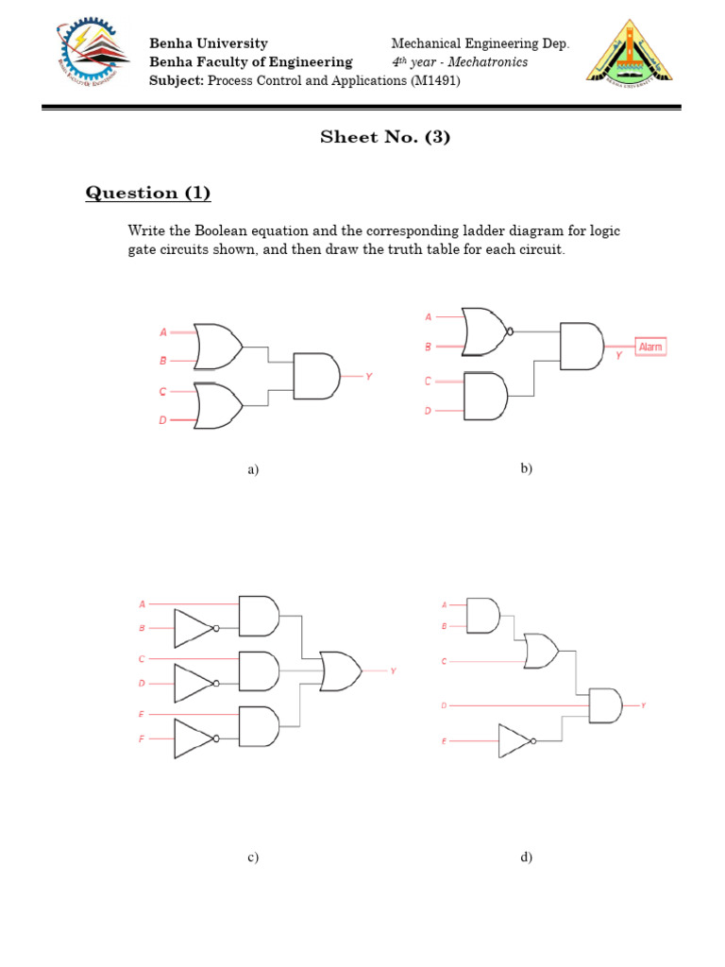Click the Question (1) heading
[x=148, y=194]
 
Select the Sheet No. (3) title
[x=385, y=137]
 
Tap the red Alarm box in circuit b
[x=650, y=347]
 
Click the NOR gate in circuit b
[x=484, y=331]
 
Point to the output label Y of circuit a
[x=369, y=376]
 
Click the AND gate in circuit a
[x=315, y=376]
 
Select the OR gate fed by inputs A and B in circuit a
[x=217, y=346]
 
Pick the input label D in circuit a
[x=162, y=420]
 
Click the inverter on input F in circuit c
[x=195, y=738]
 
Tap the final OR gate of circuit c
[x=340, y=670]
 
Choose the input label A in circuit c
[x=143, y=603]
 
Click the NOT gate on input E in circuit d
[x=517, y=742]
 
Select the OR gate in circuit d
[x=541, y=650]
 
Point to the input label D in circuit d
[x=444, y=705]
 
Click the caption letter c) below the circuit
[x=253, y=857]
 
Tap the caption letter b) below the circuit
[x=527, y=468]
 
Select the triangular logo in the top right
[x=630, y=53]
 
